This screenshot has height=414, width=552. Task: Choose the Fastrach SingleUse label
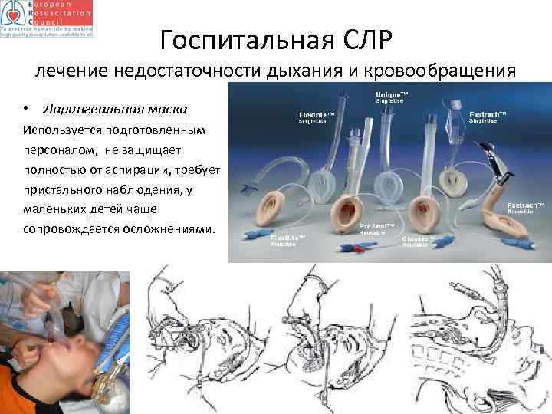[x=478, y=117]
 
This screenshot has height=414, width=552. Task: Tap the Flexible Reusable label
[x=289, y=242]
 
